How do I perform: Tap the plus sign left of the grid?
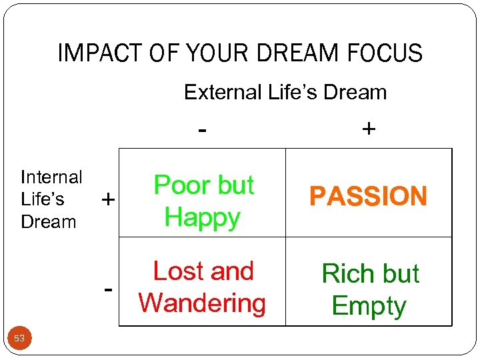pos(107,199)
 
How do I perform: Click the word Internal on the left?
pos(51,177)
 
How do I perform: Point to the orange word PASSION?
pos(368,197)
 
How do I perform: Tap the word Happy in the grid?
pos(202,217)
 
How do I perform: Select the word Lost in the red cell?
pos(175,271)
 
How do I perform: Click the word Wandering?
pos(202,303)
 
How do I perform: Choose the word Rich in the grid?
pos(348,274)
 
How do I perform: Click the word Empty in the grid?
pos(369,306)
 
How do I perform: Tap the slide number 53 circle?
pos(19,339)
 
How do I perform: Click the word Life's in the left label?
pos(43,199)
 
